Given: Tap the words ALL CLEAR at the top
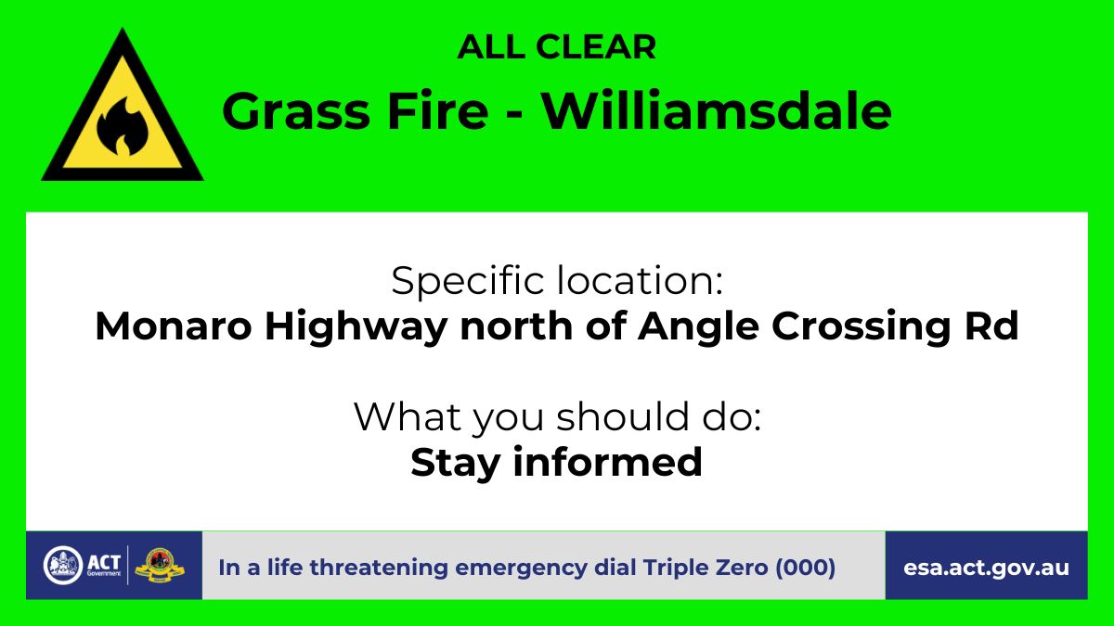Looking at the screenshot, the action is [x=556, y=47].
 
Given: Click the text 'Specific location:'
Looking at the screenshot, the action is [x=556, y=282].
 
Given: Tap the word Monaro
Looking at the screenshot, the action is [x=173, y=326].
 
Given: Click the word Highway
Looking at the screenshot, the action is [x=356, y=327].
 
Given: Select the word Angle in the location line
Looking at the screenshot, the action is [x=698, y=327].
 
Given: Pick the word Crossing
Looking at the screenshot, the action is [x=861, y=327].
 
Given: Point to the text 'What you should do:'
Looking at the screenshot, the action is [x=557, y=418].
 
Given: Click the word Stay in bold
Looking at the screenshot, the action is [x=455, y=463].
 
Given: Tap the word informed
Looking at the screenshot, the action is [x=608, y=462].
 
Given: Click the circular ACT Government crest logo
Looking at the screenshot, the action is [x=63, y=566].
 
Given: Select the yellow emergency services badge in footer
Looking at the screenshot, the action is [x=159, y=566].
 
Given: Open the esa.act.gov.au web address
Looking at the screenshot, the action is [x=986, y=568].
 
